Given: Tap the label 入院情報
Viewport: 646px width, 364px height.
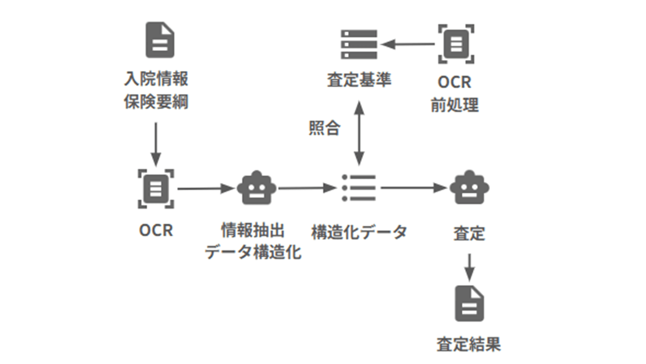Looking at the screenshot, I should [x=156, y=78].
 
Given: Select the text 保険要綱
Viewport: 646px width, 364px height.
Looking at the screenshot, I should [x=156, y=102].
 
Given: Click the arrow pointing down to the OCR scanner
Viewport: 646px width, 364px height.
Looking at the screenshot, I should [x=156, y=144].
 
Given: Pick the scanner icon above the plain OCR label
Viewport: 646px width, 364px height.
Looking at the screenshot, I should [x=156, y=188].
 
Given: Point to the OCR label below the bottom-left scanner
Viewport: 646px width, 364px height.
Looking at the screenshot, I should [x=156, y=231].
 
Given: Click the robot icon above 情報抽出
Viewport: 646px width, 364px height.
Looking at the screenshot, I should [x=256, y=188].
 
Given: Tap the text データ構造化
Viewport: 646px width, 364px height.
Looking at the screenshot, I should [x=253, y=252].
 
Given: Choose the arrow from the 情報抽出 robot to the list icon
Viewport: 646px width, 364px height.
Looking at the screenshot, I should [x=307, y=188].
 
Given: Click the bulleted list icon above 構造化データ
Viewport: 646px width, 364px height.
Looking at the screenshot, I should [x=359, y=188].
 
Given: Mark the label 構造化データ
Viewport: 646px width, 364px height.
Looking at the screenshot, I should [x=359, y=232].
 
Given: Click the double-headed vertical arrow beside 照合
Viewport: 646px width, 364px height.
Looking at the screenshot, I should [x=359, y=133].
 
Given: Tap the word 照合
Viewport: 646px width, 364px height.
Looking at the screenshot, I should [x=324, y=128].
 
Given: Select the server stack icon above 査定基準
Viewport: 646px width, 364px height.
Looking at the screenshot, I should [x=359, y=44].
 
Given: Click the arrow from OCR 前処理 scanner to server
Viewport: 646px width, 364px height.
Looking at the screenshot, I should [x=408, y=44].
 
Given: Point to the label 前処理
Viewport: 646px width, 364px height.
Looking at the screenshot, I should [x=455, y=105].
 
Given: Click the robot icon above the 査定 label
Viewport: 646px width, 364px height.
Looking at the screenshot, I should [x=469, y=188].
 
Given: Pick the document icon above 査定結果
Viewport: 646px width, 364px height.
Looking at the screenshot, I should [x=469, y=304].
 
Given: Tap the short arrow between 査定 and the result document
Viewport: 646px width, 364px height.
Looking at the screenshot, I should [x=469, y=267].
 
